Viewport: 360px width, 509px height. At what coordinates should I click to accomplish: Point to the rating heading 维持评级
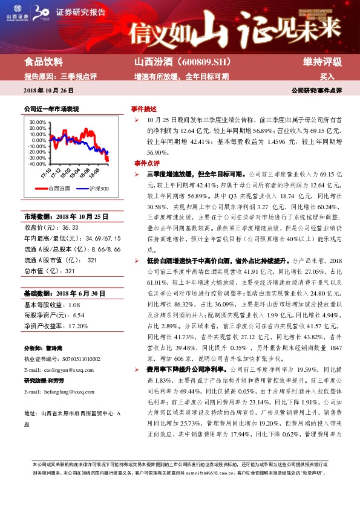(x=322, y=62)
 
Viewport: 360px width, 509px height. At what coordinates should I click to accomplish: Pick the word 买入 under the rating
(x=327, y=77)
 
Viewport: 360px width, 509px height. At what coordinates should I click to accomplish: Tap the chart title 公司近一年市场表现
(x=51, y=109)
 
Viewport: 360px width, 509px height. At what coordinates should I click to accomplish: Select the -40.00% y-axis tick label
(x=37, y=164)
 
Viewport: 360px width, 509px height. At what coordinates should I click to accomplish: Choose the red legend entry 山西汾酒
(x=61, y=189)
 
